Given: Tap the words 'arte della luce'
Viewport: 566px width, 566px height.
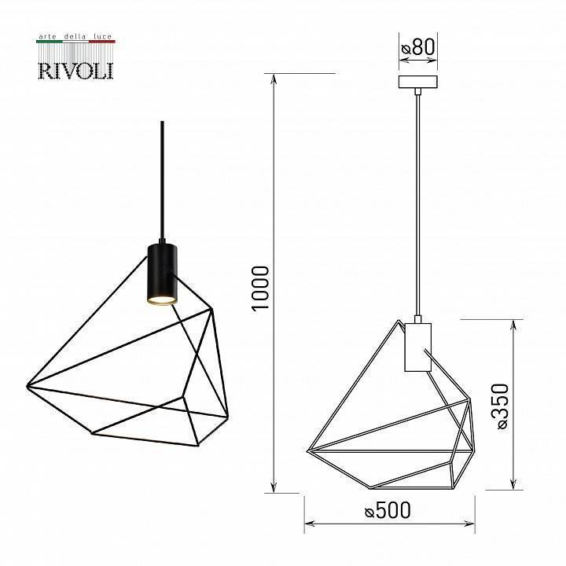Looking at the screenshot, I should [x=76, y=36].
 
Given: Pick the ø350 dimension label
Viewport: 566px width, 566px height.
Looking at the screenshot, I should [x=502, y=405].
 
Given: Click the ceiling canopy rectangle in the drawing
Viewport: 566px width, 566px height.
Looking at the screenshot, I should [x=417, y=82].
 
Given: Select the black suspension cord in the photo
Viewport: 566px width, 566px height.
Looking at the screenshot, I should [x=162, y=181].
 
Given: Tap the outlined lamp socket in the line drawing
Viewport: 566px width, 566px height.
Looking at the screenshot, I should [x=417, y=346].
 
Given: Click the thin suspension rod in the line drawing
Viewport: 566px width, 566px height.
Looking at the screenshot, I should [x=417, y=204].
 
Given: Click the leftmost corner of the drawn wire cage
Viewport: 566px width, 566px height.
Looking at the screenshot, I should [x=307, y=451].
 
